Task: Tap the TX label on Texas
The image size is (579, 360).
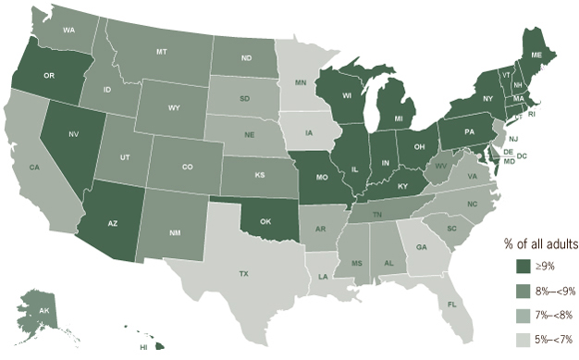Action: [x=244, y=274]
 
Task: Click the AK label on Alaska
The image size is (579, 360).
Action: [x=43, y=311]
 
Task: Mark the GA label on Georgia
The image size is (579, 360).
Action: [x=422, y=248]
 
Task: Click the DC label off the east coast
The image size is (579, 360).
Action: [x=522, y=156]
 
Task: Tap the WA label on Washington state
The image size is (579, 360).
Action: [x=68, y=30]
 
